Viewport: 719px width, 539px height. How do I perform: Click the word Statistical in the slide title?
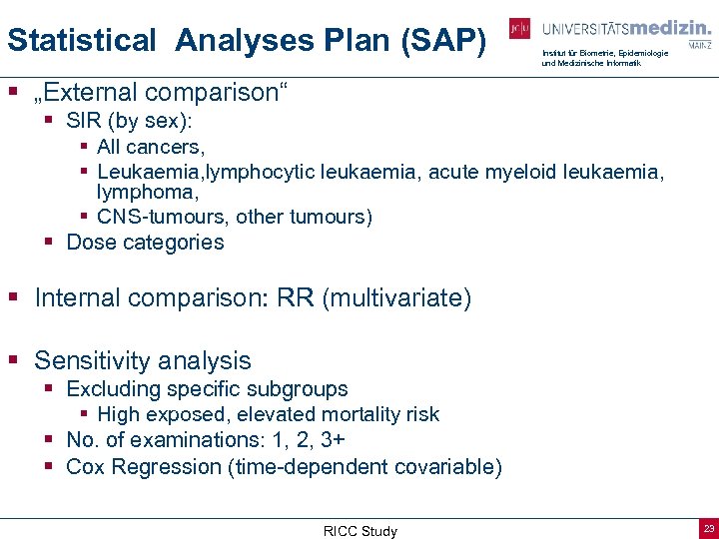pos(81,40)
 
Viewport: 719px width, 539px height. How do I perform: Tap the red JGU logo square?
pos(519,29)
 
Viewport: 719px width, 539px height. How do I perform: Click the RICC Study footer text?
pos(359,531)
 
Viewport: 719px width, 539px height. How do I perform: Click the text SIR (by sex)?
pos(130,121)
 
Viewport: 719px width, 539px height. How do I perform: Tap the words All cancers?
pos(151,147)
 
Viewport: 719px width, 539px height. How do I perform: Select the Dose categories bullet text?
pos(145,242)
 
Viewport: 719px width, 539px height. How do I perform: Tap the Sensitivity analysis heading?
pos(143,360)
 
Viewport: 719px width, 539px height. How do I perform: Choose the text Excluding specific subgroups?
pos(207,388)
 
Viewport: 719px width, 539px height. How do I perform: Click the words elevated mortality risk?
pos(345,414)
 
